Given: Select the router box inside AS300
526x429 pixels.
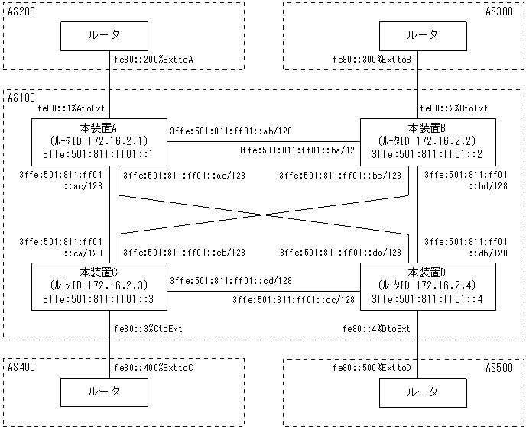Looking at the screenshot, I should pos(422,35).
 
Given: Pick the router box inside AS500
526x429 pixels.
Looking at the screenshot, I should pos(422,392).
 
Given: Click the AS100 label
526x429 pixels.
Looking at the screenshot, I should pos(21,98).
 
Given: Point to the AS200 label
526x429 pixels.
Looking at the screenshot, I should pos(21,12).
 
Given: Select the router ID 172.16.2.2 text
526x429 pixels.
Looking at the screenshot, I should pos(421,141).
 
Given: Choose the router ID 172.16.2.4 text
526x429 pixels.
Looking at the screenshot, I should pos(421,285).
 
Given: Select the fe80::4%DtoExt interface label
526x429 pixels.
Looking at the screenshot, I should pos(378,329).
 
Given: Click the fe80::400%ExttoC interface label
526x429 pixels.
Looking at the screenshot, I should pos(153,368).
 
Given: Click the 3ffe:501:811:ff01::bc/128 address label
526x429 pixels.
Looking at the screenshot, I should pos(339,176).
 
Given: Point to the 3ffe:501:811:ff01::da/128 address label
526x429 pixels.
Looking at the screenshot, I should pos(340,252).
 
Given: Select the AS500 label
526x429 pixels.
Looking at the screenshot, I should pos(501,367).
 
